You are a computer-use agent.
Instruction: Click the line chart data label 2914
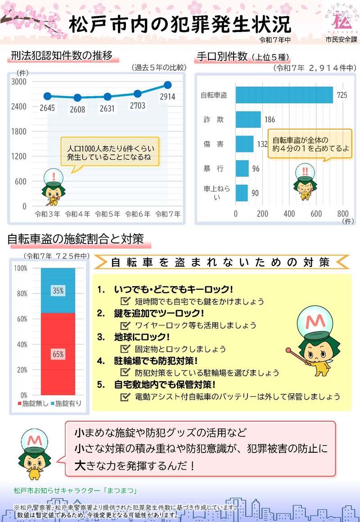pyautogui.click(x=167, y=97)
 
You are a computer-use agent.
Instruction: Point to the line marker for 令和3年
pyautogui.click(x=47, y=96)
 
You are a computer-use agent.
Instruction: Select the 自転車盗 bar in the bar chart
pyautogui.click(x=284, y=95)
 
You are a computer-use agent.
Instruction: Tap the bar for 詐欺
pyautogui.click(x=248, y=120)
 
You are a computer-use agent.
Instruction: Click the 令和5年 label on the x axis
pyautogui.click(x=107, y=214)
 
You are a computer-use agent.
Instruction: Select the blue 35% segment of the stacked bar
pyautogui.click(x=58, y=291)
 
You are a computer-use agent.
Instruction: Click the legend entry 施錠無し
pyautogui.click(x=32, y=404)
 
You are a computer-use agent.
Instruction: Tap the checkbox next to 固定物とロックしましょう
pyautogui.click(x=126, y=349)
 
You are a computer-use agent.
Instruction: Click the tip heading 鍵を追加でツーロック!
pyautogui.click(x=159, y=313)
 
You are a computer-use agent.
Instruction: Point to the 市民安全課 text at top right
pyautogui.click(x=341, y=40)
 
